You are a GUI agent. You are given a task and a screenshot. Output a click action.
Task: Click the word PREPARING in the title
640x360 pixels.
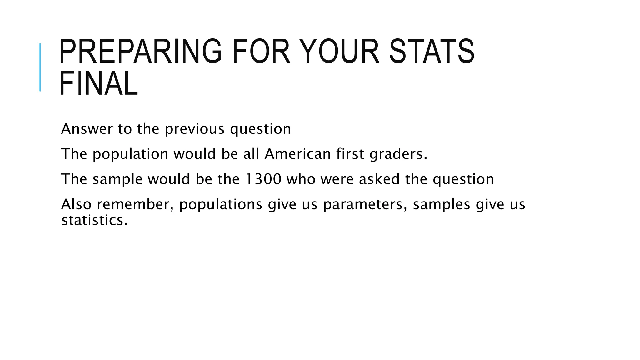(140, 52)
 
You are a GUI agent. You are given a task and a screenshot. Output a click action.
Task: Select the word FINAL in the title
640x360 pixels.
(98, 84)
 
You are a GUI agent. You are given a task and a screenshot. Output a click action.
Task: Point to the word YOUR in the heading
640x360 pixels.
(341, 52)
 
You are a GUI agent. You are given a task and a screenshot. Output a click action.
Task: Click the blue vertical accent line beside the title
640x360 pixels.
(40, 67)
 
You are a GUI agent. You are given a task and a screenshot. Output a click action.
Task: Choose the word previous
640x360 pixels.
(194, 129)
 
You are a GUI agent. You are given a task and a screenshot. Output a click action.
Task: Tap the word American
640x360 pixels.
(297, 154)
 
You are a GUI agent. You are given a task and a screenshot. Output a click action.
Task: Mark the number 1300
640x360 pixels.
(263, 179)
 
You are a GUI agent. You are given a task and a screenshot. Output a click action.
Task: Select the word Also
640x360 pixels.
(76, 204)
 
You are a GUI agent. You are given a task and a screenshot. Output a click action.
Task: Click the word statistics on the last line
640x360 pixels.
(94, 220)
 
